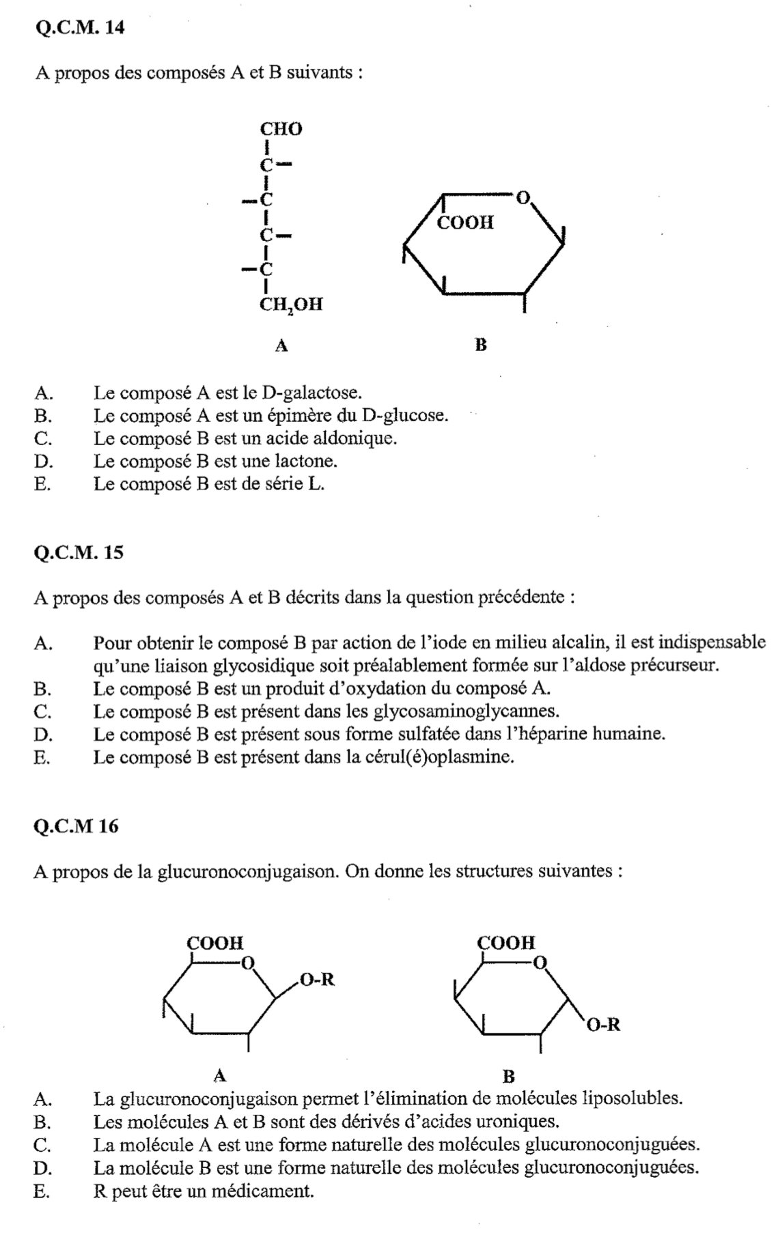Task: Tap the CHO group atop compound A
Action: [281, 129]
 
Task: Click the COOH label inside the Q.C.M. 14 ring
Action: [465, 223]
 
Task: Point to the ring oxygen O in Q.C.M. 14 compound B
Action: [523, 198]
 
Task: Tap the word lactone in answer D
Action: [310, 462]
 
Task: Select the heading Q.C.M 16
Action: [76, 826]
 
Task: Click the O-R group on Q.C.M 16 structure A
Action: [317, 980]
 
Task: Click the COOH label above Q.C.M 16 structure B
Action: [506, 943]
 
